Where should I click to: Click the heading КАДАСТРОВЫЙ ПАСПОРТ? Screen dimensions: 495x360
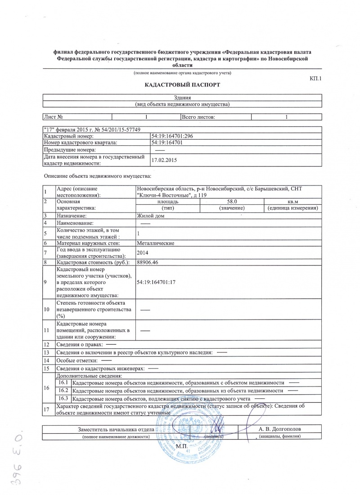pyautogui.click(x=182, y=85)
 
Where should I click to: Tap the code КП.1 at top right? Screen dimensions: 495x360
pyautogui.click(x=316, y=79)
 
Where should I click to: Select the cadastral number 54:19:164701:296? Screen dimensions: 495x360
pyautogui.click(x=173, y=136)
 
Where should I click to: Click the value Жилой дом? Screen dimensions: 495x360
pyautogui.click(x=150, y=216)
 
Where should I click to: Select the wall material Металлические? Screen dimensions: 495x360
pyautogui.click(x=155, y=243)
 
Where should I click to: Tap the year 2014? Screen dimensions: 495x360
pyautogui.click(x=142, y=253)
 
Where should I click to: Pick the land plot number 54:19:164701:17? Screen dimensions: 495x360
pyautogui.click(x=156, y=282)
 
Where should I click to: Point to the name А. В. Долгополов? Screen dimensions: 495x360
pyautogui.click(x=280, y=429)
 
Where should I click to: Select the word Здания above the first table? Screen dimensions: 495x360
pyautogui.click(x=183, y=98)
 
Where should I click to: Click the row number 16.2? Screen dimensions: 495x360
pyautogui.click(x=63, y=390)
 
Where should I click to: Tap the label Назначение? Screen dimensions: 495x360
pyautogui.click(x=71, y=216)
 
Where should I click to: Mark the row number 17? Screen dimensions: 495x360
pyautogui.click(x=46, y=409)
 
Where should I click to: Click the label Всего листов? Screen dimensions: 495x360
pyautogui.click(x=198, y=117)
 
